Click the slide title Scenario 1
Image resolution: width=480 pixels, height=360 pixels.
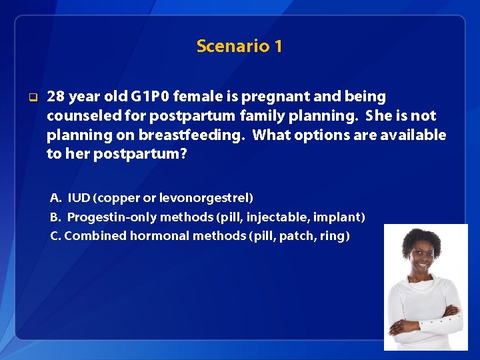coord(239,46)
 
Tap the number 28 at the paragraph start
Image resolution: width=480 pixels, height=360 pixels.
coord(56,97)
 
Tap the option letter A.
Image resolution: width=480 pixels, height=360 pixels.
coord(55,198)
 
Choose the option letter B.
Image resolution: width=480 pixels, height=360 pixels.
coord(55,217)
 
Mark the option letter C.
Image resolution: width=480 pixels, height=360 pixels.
coord(55,235)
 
